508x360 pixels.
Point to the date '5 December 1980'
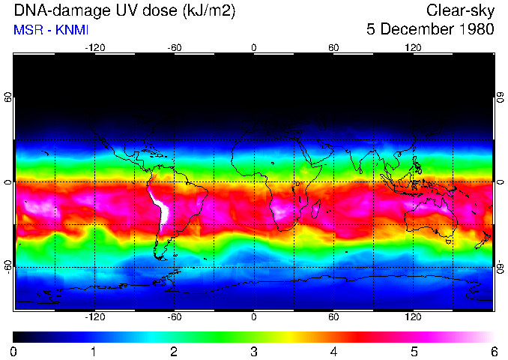coord(430,30)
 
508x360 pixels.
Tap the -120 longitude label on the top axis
coord(94,47)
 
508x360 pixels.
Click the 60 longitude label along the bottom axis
coord(333,316)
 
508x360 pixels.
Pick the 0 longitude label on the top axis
coord(253,47)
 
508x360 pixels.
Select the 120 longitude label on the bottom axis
coord(413,316)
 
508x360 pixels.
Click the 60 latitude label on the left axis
coord(7,98)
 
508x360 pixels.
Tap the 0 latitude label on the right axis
coord(501,182)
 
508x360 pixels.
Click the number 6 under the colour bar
coord(493,351)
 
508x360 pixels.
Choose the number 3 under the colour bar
coord(253,351)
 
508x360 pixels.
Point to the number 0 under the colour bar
coord(14,351)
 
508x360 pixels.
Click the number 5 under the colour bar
coord(413,351)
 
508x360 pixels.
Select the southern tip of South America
coord(158,256)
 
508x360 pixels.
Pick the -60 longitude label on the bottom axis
coord(174,316)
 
